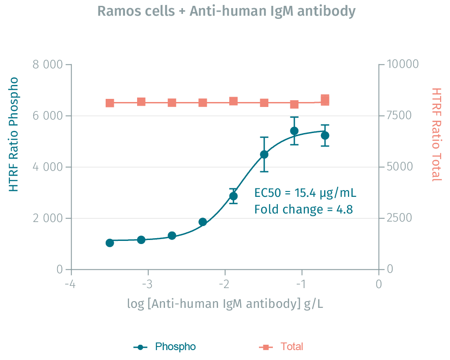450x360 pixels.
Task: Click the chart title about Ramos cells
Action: [226, 11]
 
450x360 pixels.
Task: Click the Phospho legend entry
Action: [175, 347]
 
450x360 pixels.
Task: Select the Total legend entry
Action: [292, 347]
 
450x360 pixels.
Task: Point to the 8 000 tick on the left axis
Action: [47, 64]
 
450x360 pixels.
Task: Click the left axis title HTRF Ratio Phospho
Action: [14, 134]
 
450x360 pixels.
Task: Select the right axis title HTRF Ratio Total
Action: [436, 134]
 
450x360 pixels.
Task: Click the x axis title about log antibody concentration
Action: [225, 304]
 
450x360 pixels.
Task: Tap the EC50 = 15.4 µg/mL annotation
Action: [306, 193]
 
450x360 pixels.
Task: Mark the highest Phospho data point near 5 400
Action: [294, 131]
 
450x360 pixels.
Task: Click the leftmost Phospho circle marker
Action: [110, 243]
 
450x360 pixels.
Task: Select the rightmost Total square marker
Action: [325, 100]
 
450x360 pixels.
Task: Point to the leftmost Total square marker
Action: [110, 103]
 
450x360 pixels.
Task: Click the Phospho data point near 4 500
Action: [264, 154]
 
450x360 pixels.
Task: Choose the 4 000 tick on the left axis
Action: [47, 167]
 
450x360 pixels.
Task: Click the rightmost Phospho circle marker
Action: [325, 135]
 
